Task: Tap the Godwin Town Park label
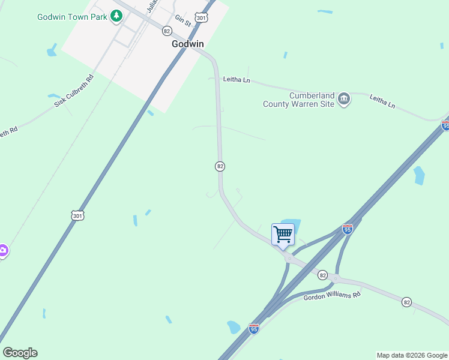click(x=72, y=17)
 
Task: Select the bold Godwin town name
click(x=188, y=44)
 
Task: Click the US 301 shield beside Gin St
click(x=202, y=18)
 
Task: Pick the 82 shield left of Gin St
click(x=167, y=31)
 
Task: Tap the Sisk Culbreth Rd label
click(x=74, y=91)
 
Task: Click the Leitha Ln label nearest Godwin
click(x=236, y=79)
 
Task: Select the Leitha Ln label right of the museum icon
click(x=382, y=101)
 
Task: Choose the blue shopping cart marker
click(x=283, y=235)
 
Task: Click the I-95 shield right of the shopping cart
click(x=347, y=229)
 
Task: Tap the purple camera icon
click(x=2, y=250)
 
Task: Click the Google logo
click(x=20, y=353)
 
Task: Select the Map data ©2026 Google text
click(x=412, y=355)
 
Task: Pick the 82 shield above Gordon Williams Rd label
click(x=323, y=275)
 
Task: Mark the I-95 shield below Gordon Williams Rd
click(x=254, y=329)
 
